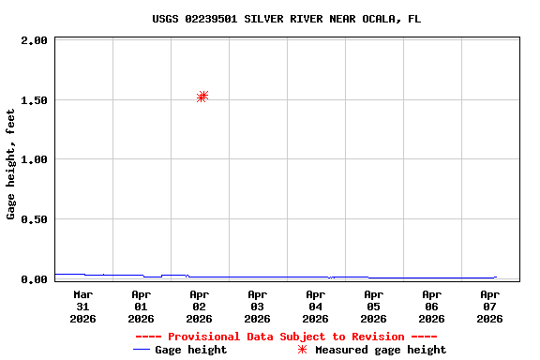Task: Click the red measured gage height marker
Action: pyautogui.click(x=202, y=97)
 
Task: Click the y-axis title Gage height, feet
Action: pyautogui.click(x=11, y=164)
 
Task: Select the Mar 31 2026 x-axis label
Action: pyautogui.click(x=82, y=306)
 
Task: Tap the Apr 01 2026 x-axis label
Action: pyautogui.click(x=141, y=306)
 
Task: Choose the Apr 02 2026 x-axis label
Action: pyautogui.click(x=199, y=306)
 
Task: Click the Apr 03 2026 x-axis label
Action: pyautogui.click(x=257, y=306)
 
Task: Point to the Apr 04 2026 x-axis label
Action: pyautogui.click(x=315, y=306)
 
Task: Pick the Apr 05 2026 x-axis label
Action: pyautogui.click(x=373, y=306)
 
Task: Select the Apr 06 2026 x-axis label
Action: pyautogui.click(x=431, y=306)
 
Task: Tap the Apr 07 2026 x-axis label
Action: pyautogui.click(x=489, y=306)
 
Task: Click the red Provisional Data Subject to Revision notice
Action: pyautogui.click(x=286, y=337)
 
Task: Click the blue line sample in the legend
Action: pyautogui.click(x=142, y=350)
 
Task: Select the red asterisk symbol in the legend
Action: pyautogui.click(x=302, y=350)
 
